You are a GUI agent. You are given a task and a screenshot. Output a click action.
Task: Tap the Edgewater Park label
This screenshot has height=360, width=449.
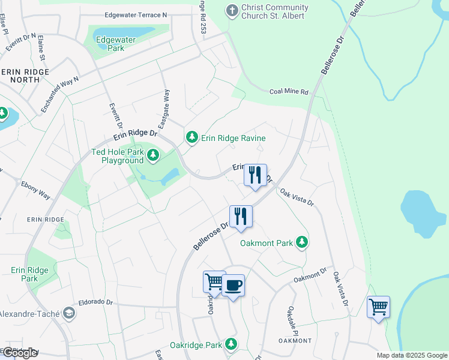(116, 44)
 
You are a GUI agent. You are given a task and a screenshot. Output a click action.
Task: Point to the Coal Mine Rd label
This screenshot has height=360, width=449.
(288, 92)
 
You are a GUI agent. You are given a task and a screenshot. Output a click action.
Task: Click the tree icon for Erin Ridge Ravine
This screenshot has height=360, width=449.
(191, 138)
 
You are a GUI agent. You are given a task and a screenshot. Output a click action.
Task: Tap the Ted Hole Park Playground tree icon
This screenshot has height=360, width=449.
(153, 156)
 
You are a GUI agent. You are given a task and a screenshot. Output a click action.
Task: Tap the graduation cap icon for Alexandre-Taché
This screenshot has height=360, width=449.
(69, 314)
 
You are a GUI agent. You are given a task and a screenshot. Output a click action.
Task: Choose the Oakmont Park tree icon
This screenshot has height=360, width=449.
(303, 242)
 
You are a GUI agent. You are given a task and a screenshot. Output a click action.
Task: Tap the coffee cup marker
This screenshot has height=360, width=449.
(233, 285)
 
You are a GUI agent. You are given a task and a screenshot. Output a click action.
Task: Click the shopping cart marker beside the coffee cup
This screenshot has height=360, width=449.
(214, 281)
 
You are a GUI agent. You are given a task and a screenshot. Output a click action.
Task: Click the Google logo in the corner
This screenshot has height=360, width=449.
(19, 353)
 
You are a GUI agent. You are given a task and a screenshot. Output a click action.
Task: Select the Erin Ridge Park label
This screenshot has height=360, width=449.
(25, 274)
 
